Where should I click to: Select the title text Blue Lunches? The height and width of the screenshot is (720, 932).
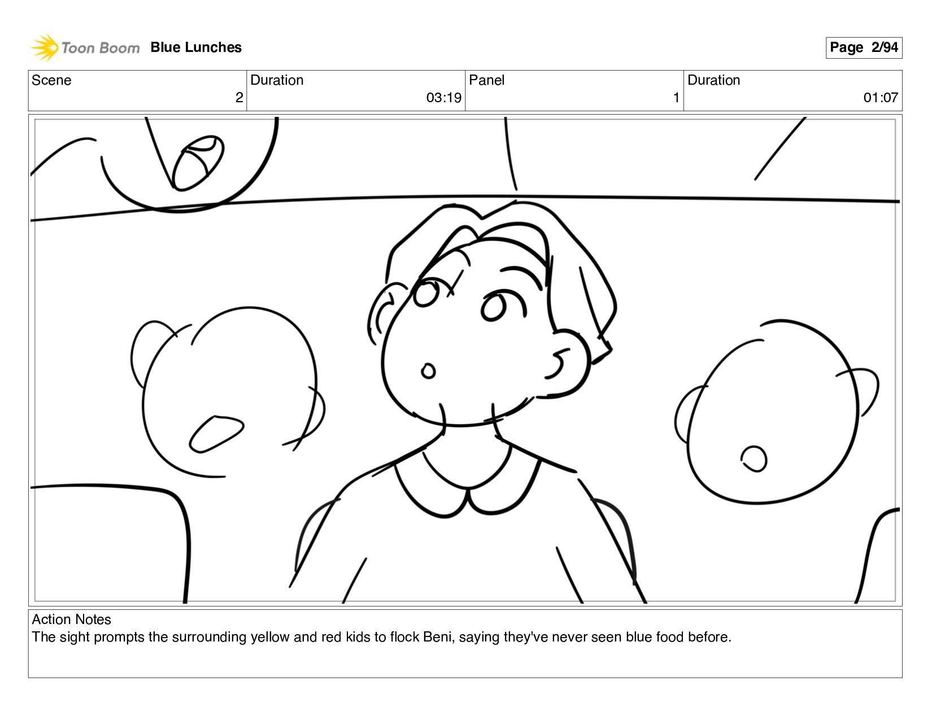coord(196,47)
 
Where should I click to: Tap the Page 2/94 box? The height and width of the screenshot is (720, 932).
coord(864,47)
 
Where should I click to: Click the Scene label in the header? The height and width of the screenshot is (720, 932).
coord(51,80)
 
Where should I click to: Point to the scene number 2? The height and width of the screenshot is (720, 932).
coord(239,98)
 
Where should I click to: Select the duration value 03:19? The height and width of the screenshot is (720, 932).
coord(444,98)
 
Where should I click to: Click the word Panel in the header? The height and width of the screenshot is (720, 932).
coord(486,80)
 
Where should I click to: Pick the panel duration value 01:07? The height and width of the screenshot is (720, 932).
coord(881,98)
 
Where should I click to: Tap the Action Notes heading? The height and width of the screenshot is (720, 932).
coord(71,619)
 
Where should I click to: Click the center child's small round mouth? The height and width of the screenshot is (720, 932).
coord(428,371)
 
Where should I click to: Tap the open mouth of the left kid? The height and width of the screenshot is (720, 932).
coord(216,434)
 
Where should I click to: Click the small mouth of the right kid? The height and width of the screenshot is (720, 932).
coord(754,459)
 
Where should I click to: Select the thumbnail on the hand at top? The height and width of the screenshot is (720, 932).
coord(198,163)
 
